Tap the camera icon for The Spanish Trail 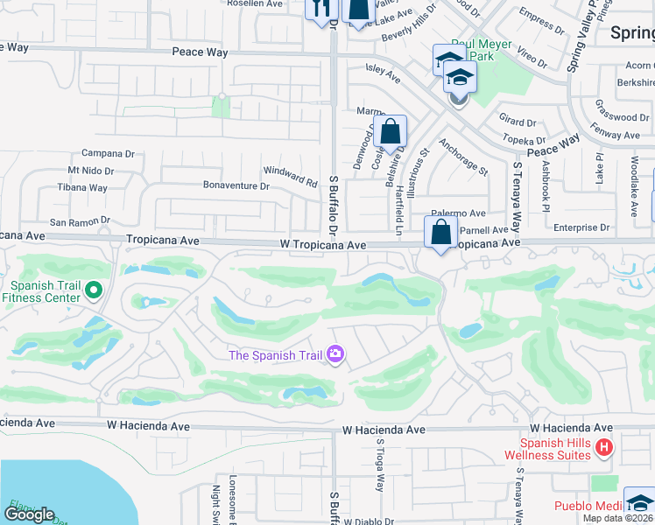coord(335,354)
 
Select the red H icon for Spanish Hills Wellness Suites coord(602,448)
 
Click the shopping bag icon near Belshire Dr coord(391,131)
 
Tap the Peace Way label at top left coord(200,52)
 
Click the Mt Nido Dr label coord(91,171)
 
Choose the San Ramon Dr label coord(80,222)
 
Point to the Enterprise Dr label coord(581,227)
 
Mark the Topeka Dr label coord(522,139)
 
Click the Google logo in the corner coord(29,514)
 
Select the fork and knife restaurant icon coord(320,7)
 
